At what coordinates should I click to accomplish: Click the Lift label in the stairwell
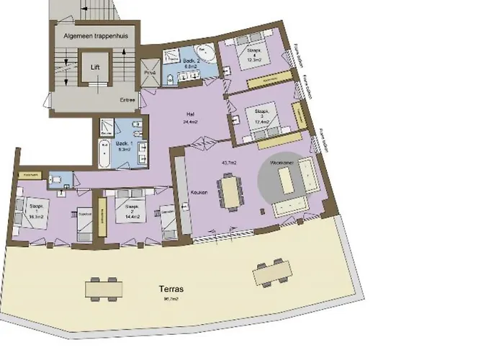pos(94,66)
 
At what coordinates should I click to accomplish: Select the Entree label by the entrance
pos(127,101)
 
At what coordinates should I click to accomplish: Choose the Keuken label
pos(199,193)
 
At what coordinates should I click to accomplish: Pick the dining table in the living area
pos(230,192)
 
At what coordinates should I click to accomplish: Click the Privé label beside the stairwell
pos(150,73)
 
